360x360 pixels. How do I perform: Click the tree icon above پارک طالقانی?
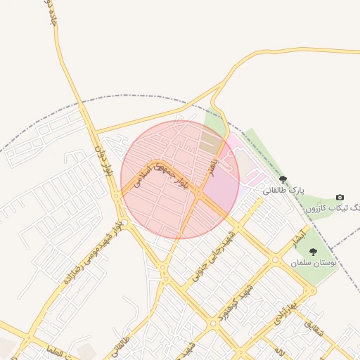[283, 180]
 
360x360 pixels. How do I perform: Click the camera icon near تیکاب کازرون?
[340, 198]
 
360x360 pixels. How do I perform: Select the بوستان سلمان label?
[314, 262]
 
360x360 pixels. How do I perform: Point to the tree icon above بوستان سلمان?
[313, 251]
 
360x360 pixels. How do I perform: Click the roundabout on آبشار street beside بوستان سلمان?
[275, 259]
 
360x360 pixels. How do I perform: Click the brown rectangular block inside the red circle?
[210, 143]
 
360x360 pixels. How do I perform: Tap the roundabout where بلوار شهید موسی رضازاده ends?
[163, 266]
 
